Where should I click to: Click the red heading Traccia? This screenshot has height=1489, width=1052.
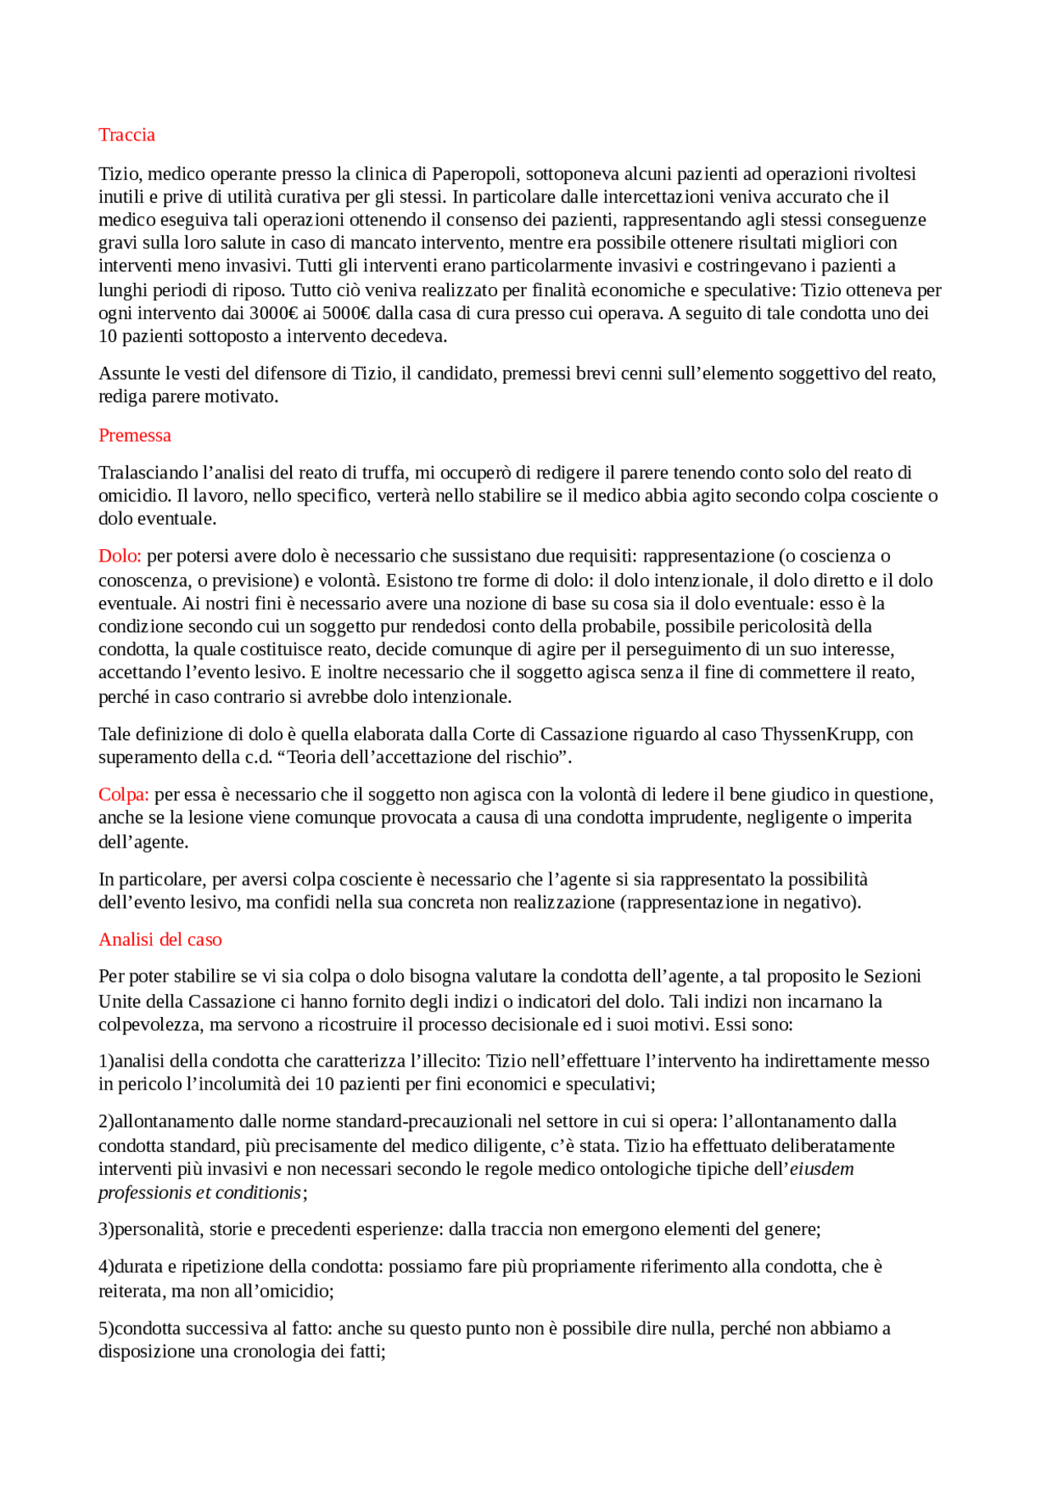[x=127, y=135]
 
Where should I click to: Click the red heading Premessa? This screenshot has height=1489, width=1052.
[x=135, y=436]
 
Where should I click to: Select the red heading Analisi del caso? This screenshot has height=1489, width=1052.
[x=160, y=940]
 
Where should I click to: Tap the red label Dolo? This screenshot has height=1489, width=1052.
[x=120, y=557]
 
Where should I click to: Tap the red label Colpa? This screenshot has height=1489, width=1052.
[x=123, y=795]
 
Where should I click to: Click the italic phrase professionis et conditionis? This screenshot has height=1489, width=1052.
[x=200, y=1193]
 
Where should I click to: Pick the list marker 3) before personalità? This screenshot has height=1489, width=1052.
[x=106, y=1230]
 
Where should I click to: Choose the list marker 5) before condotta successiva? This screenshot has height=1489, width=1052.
[x=106, y=1329]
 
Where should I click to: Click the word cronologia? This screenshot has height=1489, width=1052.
[x=276, y=1352]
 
